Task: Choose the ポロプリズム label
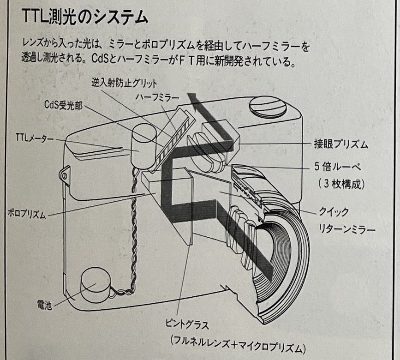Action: pyautogui.click(x=26, y=214)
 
